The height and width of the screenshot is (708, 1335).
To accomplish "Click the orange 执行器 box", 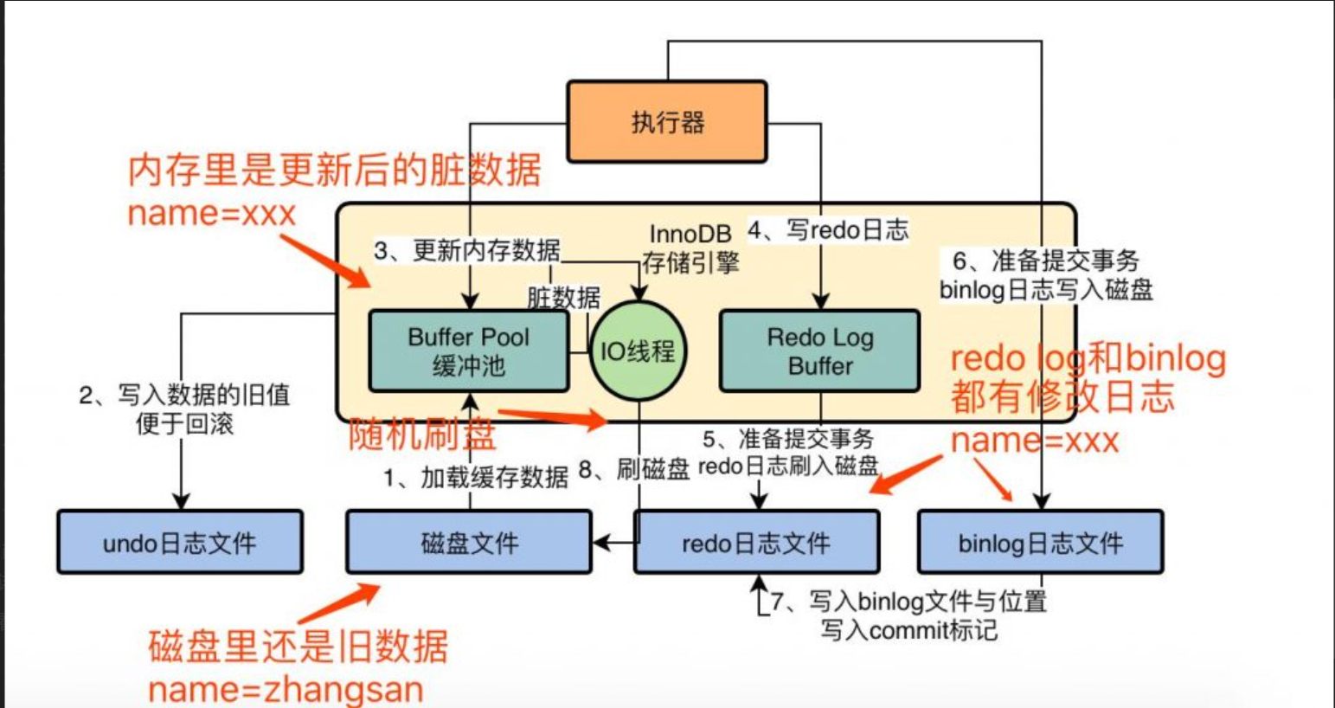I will [x=666, y=122].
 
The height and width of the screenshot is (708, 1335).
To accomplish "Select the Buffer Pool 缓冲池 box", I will [x=468, y=351].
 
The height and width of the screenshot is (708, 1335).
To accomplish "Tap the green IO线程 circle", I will [x=638, y=351].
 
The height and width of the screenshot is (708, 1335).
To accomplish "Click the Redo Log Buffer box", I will [x=819, y=351].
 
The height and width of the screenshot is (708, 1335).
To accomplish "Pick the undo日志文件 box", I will [x=180, y=543].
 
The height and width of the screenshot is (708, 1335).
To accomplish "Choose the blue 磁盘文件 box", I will [x=469, y=543].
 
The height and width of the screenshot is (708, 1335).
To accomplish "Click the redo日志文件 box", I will [x=756, y=543].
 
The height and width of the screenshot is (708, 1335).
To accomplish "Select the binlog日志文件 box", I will [x=1040, y=543].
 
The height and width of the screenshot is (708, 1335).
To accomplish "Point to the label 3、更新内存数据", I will [x=467, y=250].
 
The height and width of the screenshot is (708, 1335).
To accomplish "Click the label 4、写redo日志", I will [x=828, y=229].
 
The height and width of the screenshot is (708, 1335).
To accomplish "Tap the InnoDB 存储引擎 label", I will [x=690, y=248].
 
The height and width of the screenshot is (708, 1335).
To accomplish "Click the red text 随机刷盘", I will [x=422, y=434].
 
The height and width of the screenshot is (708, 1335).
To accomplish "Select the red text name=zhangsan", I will [x=286, y=690].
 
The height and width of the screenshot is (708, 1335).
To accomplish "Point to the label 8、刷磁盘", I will [x=633, y=470].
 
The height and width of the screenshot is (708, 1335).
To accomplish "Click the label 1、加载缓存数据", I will [x=476, y=477].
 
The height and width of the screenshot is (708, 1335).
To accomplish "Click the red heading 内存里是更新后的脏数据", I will [x=334, y=170].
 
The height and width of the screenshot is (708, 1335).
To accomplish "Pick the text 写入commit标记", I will [x=908, y=630].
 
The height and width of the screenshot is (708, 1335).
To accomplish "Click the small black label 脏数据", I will [x=563, y=298].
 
